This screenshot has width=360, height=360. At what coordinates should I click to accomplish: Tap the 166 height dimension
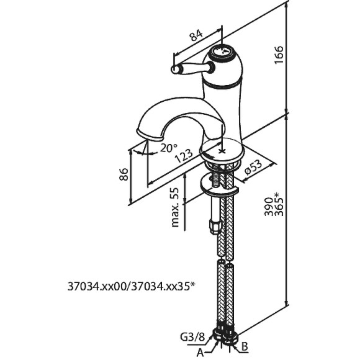pyautogui.click(x=279, y=55)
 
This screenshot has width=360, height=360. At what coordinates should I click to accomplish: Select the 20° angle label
pyautogui.click(x=169, y=148)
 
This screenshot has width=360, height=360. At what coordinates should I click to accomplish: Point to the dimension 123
pyautogui.click(x=184, y=156)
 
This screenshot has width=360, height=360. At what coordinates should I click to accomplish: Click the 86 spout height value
pyautogui.click(x=124, y=174)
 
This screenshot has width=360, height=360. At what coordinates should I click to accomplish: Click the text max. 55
pyautogui.click(x=175, y=207)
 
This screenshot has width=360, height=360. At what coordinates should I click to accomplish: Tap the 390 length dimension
pyautogui.click(x=269, y=207)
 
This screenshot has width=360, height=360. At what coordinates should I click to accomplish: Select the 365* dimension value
pyautogui.click(x=279, y=204)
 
